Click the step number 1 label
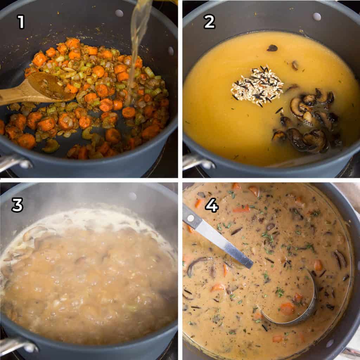click(x=21, y=22)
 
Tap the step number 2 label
click(x=209, y=22)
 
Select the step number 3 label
click(x=17, y=205)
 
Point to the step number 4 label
click(x=212, y=205)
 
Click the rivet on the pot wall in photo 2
click(x=317, y=17)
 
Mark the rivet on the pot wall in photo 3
click(x=132, y=196)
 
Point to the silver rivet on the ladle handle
click(x=191, y=218)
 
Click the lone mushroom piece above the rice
click(x=272, y=48)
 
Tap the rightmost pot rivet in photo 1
click(x=171, y=51)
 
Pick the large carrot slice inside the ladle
click(x=287, y=309)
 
